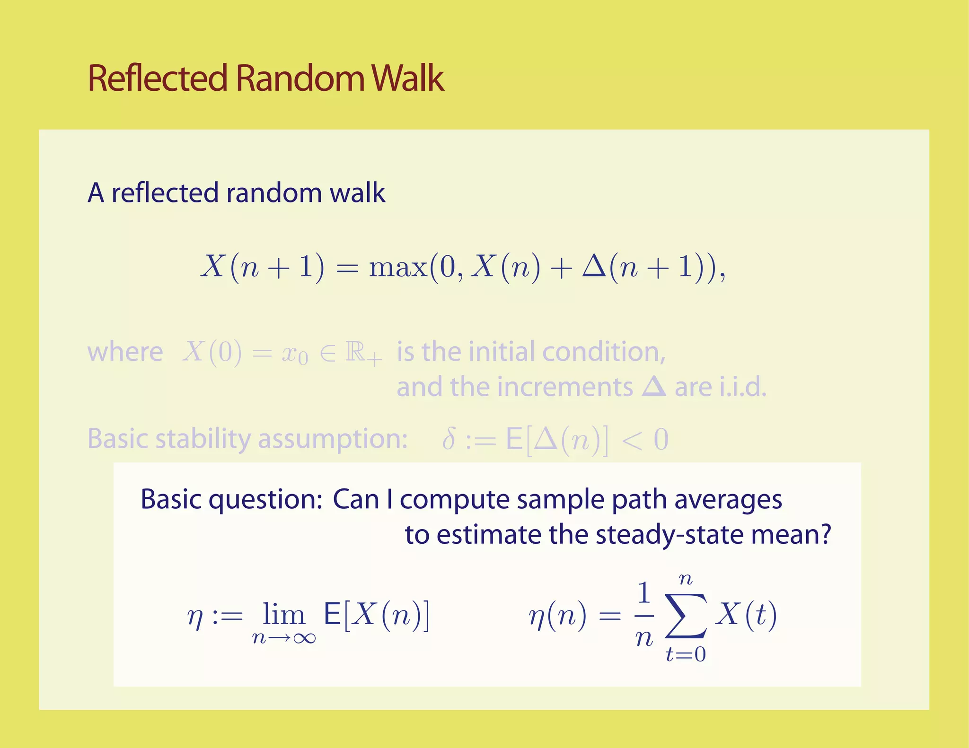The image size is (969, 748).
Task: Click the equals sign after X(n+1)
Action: coord(347,268)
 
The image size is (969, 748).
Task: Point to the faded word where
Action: coord(125,352)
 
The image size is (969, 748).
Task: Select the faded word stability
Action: coord(203,439)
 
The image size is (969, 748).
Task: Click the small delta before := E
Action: coord(449,439)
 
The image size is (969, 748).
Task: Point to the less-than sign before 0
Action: coord(631,440)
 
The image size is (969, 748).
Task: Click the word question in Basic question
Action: coord(265,500)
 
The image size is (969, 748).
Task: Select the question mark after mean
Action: coord(825,534)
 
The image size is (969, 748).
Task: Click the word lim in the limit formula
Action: coord(283,614)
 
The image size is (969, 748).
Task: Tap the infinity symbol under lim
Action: coord(304,638)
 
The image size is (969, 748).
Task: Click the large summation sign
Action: coord(686,615)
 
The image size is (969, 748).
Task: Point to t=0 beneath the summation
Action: coord(686,654)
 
